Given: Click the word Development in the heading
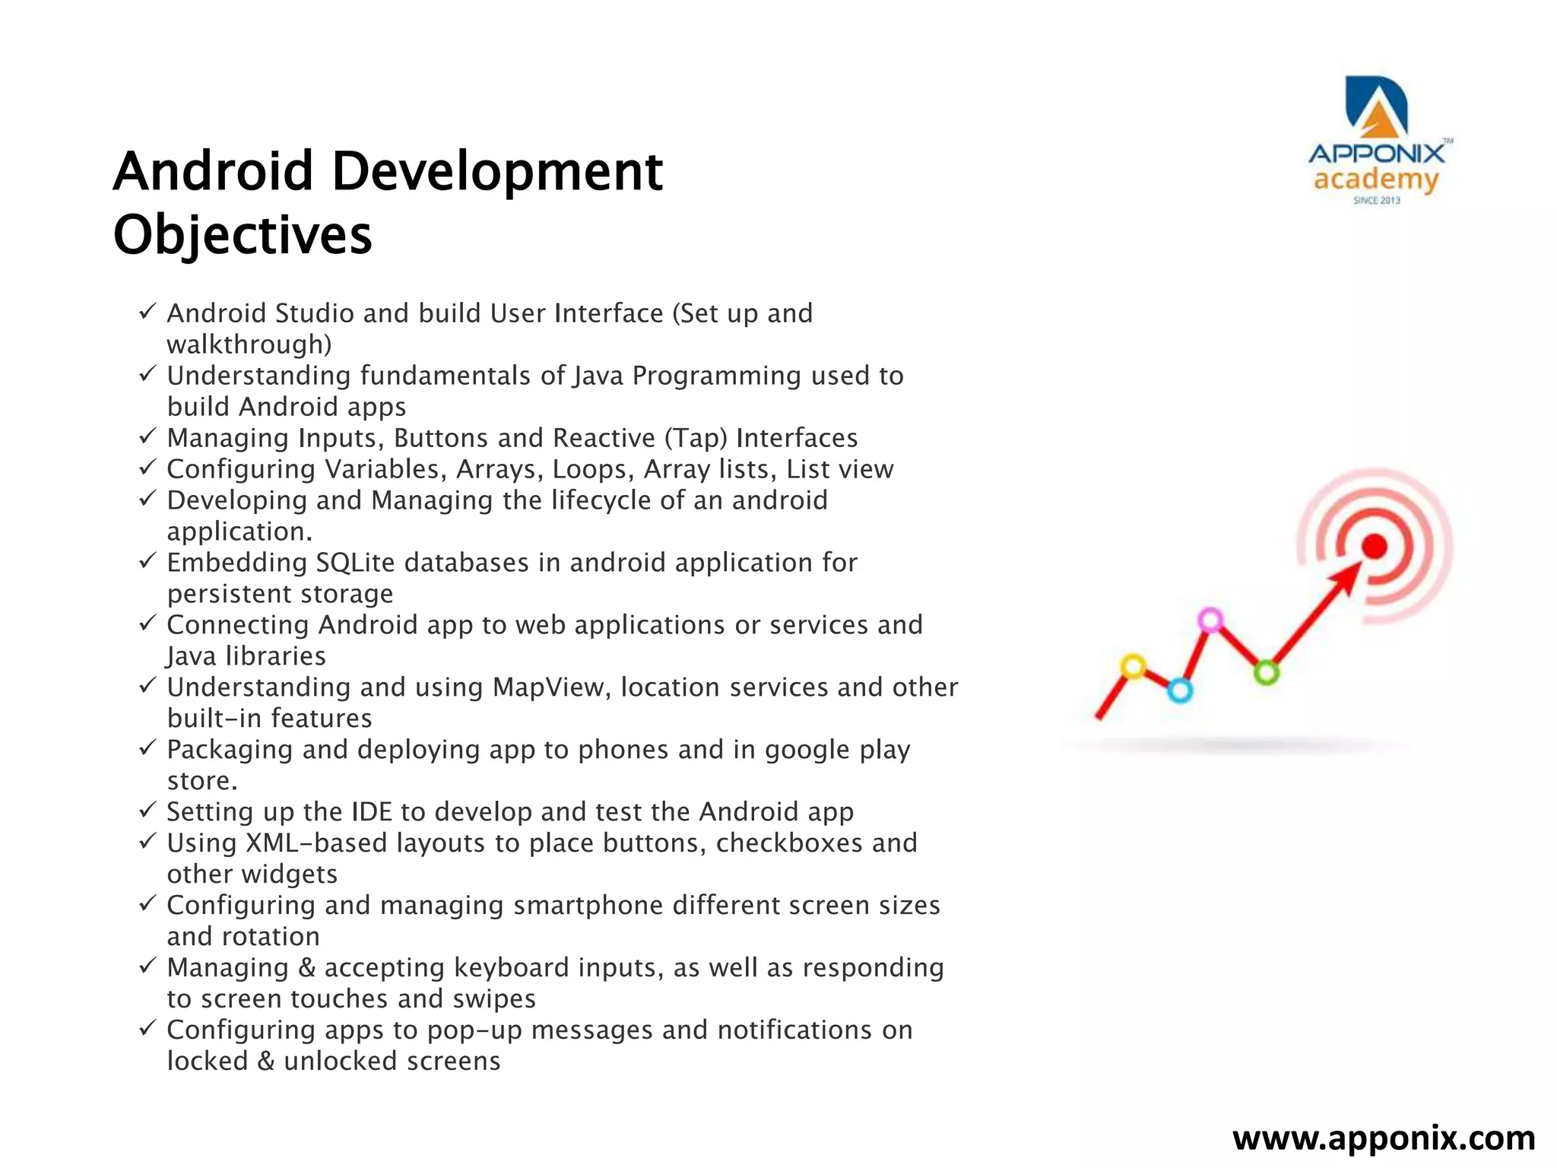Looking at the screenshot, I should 496,171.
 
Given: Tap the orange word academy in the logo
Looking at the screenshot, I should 1376,180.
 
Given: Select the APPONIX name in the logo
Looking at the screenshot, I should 1376,154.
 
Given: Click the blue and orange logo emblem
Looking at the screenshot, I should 1377,106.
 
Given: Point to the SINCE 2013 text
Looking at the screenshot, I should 1376,201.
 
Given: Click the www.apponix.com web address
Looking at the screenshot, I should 1384,1138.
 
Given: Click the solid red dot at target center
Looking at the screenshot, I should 1374,546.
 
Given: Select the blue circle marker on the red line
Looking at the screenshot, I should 1180,690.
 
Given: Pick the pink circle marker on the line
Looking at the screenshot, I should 1210,620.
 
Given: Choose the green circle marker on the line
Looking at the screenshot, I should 1266,672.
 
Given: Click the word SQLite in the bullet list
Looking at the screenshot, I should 355,563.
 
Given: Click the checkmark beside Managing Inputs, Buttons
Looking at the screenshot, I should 147,436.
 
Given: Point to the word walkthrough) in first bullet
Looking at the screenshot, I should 249,344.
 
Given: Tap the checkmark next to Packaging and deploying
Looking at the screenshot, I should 147,748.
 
